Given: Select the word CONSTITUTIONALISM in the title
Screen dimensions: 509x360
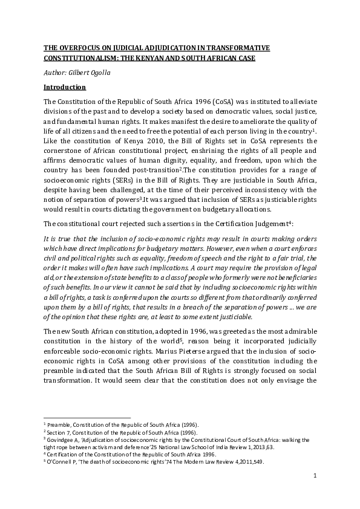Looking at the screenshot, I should pos(82,59).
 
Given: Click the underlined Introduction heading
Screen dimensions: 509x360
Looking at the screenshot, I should pos(65,88).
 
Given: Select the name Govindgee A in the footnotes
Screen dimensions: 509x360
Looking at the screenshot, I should pos(64,441).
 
